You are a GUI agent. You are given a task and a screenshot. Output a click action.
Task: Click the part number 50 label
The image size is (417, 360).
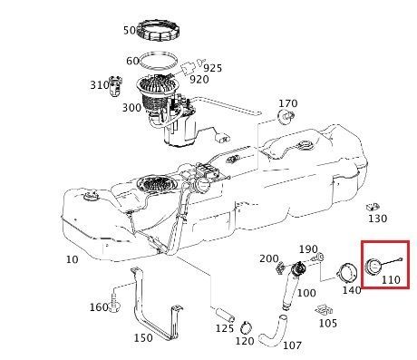[x=130, y=30]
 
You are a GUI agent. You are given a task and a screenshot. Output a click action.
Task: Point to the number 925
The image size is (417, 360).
[x=212, y=68]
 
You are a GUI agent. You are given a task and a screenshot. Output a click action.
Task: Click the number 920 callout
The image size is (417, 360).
[x=199, y=80]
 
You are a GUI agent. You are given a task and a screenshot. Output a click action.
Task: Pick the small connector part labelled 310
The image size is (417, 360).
[x=116, y=85]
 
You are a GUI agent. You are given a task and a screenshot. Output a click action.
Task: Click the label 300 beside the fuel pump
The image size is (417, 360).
[x=131, y=108]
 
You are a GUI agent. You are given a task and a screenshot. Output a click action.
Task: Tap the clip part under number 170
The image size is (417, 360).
[x=286, y=116]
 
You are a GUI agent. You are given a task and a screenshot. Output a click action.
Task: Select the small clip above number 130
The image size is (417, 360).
[x=373, y=207]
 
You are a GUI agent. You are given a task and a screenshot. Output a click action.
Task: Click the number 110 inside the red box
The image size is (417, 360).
[x=391, y=279]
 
